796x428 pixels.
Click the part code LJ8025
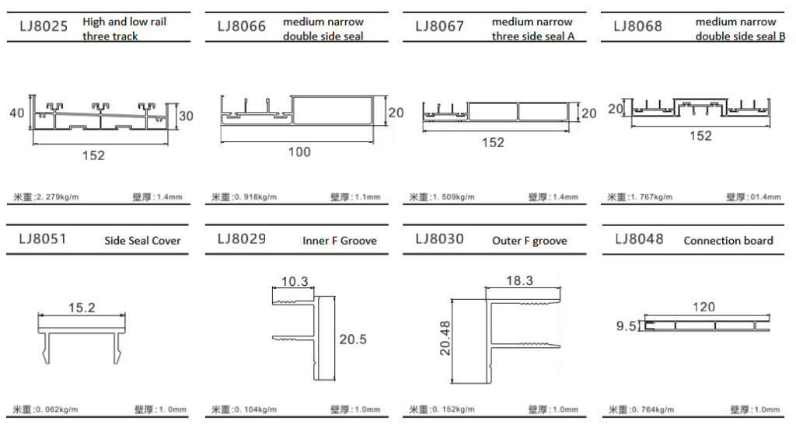point(44,26)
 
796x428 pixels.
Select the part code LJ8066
point(242,26)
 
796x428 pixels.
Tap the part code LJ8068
point(637,26)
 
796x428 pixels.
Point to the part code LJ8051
point(43,238)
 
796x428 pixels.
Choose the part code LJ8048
point(639,238)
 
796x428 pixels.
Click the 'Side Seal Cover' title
point(143,241)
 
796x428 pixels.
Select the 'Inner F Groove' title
point(340,241)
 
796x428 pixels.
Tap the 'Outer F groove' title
point(529,242)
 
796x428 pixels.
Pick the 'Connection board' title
point(728,241)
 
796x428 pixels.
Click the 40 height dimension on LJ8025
point(17,113)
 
